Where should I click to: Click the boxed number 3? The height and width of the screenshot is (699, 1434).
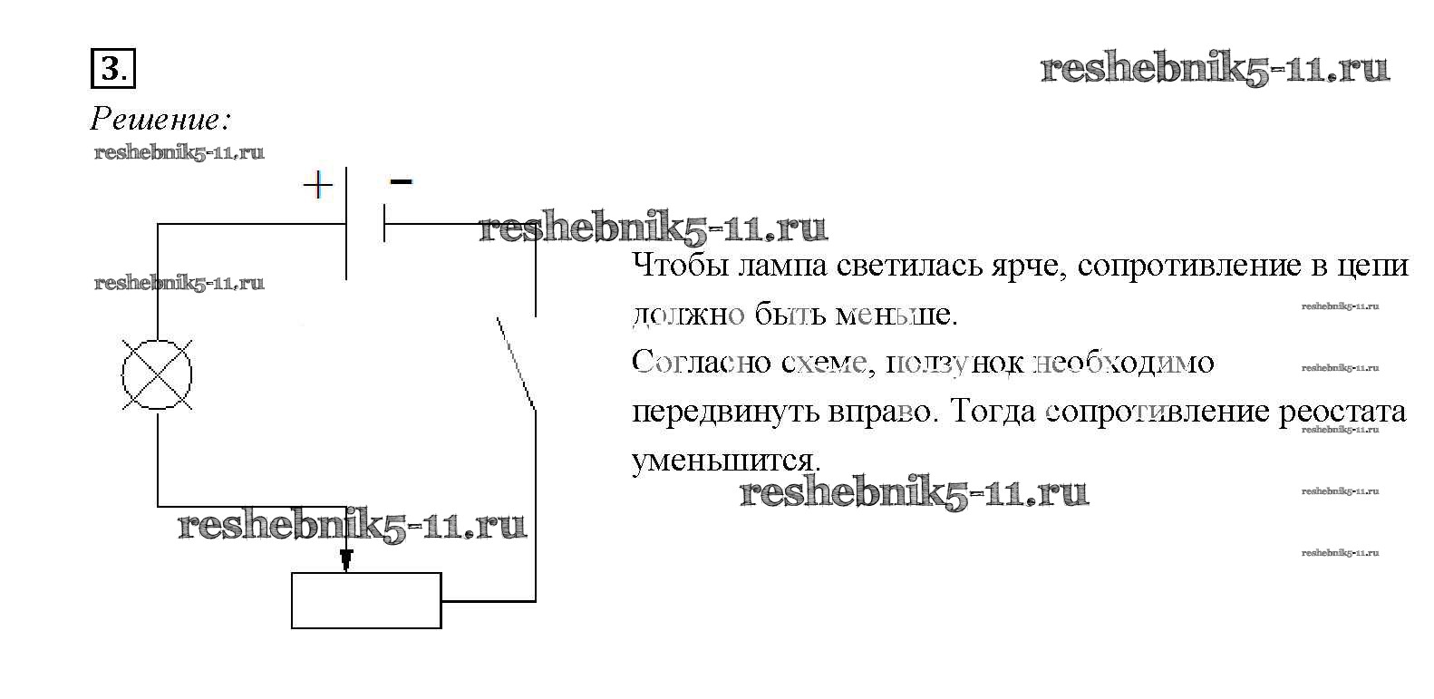111,69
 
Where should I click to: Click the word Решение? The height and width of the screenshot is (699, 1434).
160,120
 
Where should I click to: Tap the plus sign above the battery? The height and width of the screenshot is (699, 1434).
317,186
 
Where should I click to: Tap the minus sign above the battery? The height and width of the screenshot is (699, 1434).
401,182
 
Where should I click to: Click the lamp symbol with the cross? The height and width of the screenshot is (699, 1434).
158,374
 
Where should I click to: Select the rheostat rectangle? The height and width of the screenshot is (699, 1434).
366,600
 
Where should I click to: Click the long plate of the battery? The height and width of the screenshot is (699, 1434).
347,223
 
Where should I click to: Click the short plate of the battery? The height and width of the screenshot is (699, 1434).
384,223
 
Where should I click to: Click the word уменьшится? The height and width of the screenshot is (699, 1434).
725,461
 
